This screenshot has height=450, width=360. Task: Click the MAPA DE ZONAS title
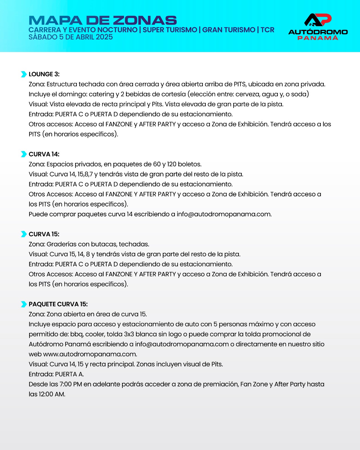click(x=103, y=20)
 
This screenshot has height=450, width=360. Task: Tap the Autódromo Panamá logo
click(x=318, y=27)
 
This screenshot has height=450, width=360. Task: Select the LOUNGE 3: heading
click(x=44, y=74)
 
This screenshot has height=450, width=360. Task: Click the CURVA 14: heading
click(x=44, y=154)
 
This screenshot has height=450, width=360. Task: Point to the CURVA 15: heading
click(x=44, y=234)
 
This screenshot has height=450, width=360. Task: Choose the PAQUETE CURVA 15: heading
click(x=58, y=304)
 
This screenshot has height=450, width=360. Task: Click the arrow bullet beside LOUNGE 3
click(x=24, y=74)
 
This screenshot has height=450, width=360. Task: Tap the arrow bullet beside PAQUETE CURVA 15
click(x=24, y=304)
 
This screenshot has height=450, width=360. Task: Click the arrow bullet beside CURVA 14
click(x=24, y=154)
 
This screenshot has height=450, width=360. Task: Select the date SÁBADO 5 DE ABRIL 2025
click(x=71, y=37)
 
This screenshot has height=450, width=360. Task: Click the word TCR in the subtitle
click(x=267, y=30)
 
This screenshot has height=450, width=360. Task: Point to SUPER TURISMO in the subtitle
click(x=170, y=30)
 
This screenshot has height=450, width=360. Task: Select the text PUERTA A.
click(x=69, y=374)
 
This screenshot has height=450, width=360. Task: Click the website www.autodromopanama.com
click(x=90, y=354)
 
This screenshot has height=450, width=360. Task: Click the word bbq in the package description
click(x=76, y=334)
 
